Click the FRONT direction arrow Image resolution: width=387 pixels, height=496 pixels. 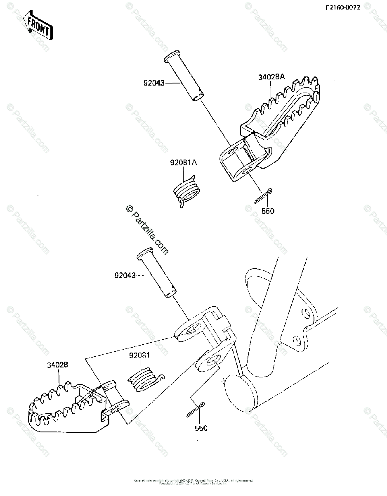38,26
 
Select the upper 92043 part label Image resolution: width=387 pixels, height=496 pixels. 154,83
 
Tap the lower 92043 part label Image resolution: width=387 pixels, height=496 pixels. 125,274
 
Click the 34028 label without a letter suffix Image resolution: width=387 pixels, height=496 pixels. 57,365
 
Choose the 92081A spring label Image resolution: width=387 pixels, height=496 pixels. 184,163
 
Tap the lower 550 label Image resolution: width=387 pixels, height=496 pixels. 201,428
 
